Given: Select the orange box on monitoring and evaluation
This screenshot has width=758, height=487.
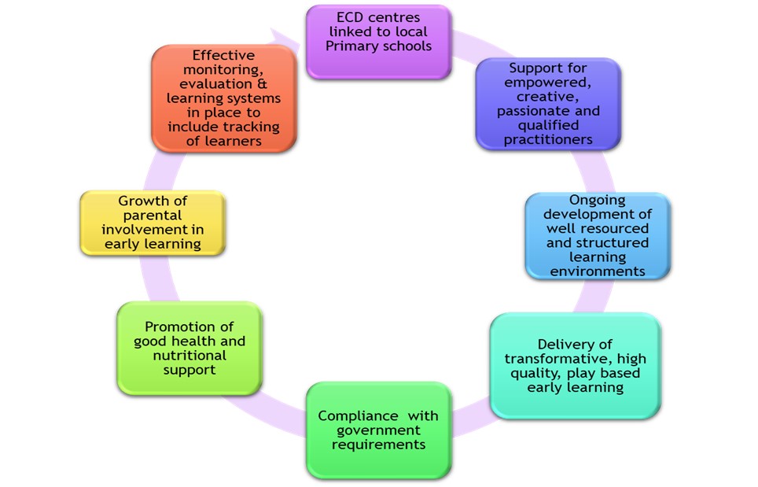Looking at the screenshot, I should click(223, 98).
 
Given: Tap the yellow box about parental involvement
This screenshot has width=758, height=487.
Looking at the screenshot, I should click(153, 223).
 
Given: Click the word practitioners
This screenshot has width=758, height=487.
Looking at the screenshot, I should click(548, 139).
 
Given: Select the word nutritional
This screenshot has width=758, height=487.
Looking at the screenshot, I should click(189, 356).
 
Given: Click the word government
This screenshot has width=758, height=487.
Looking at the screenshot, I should click(378, 430).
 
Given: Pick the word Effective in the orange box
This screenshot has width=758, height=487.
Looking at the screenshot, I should click(223, 56).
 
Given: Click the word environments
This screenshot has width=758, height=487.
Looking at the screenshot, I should click(598, 271).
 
